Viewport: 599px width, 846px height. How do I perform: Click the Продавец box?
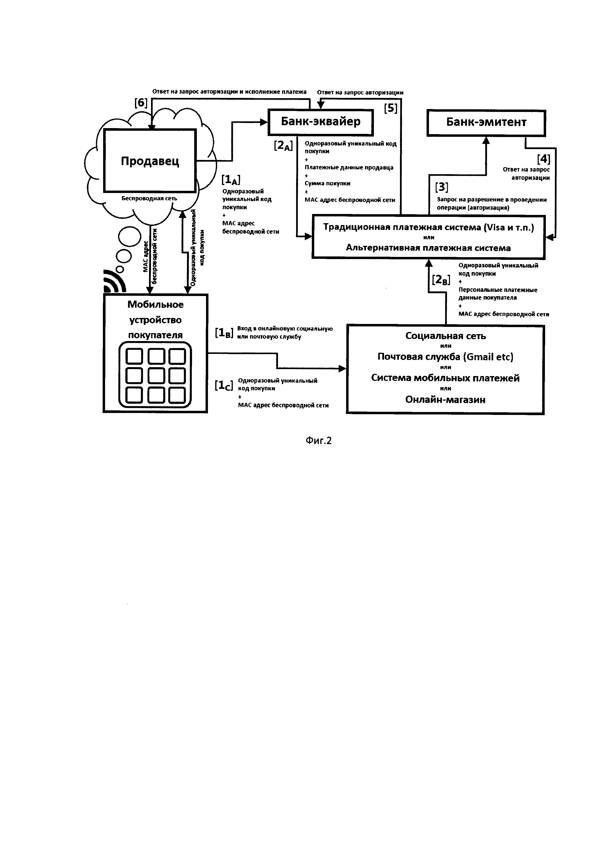(150, 161)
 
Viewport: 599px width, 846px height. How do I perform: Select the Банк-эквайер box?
(321, 122)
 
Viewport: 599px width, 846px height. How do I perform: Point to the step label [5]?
(391, 108)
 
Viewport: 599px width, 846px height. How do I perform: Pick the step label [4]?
(543, 159)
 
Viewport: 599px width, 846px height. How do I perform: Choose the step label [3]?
(442, 187)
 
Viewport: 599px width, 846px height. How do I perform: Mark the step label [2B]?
(441, 280)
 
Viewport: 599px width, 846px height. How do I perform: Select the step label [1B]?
(224, 333)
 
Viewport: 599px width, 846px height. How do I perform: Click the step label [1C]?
(224, 385)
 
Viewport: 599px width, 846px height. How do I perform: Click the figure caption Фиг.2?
(319, 441)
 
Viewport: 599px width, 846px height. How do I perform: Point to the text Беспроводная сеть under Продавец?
(149, 199)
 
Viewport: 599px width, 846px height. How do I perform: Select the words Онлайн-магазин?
(445, 399)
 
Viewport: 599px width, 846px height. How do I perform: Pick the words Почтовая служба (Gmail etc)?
(445, 357)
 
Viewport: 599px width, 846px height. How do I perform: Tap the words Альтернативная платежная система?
(428, 248)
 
